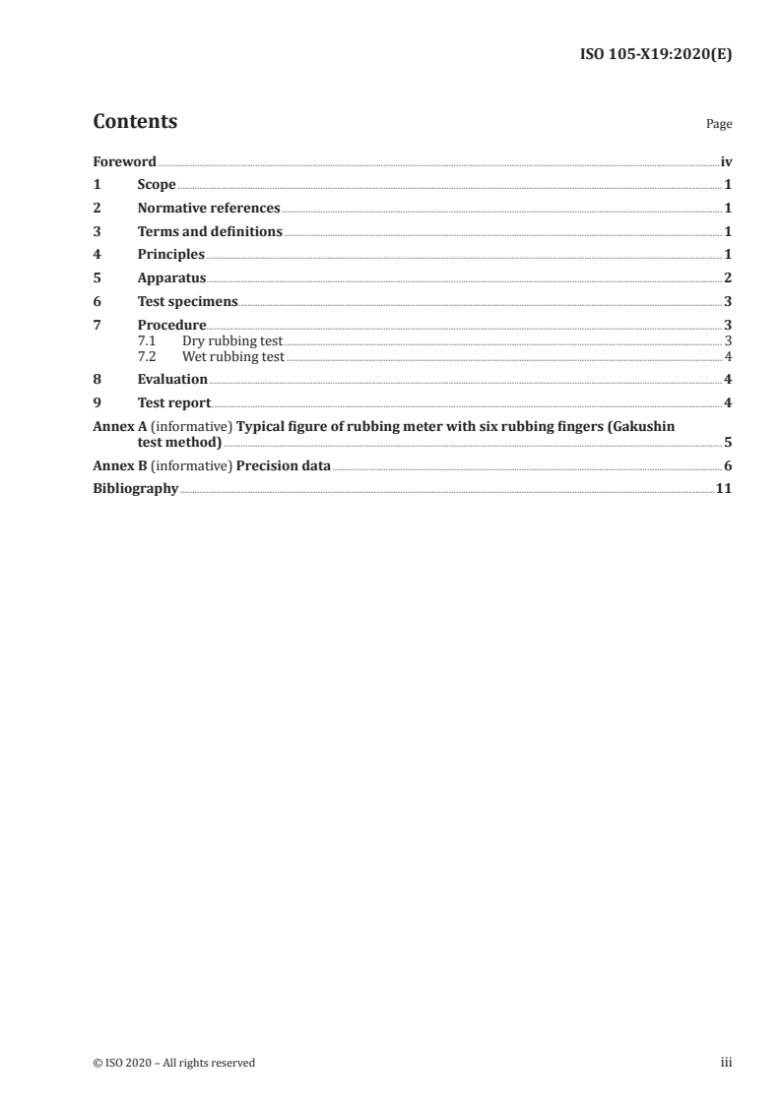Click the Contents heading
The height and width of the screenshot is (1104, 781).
[135, 122]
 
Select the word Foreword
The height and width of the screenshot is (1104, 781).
[124, 161]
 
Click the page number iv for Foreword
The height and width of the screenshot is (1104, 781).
[726, 161]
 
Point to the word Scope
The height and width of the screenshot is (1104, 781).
[157, 185]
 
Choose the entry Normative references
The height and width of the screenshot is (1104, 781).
[209, 209]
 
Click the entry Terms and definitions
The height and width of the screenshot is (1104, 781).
[210, 232]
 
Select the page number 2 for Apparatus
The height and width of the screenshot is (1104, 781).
[728, 278]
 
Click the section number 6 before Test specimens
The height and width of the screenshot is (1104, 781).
[97, 302]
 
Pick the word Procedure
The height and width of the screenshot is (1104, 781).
[171, 326]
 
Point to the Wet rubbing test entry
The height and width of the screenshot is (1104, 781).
[232, 356]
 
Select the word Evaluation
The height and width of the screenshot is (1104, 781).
[172, 380]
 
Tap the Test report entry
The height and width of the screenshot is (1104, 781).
[174, 402]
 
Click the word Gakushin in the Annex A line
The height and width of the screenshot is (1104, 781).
[642, 426]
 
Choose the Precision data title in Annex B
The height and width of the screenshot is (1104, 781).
[284, 465]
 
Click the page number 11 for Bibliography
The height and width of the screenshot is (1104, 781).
[724, 489]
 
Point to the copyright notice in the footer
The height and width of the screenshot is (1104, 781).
[174, 1063]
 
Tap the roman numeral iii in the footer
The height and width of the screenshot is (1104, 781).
[727, 1063]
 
